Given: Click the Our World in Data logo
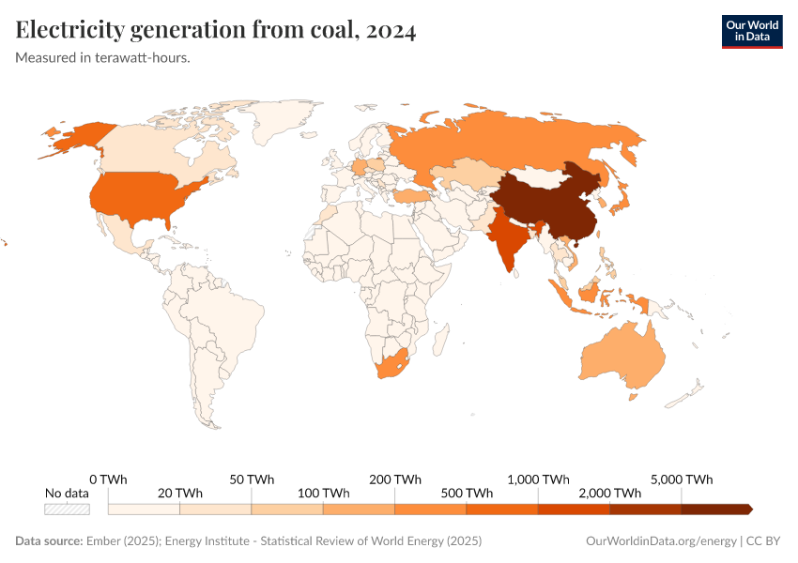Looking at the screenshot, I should tap(751, 31).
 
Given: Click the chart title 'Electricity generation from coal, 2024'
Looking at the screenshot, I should tap(216, 31).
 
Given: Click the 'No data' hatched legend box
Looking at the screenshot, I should tap(68, 509).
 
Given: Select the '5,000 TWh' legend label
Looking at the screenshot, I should tap(682, 479).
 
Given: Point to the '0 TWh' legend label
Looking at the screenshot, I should tap(108, 479).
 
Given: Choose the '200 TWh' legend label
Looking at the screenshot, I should tap(394, 479).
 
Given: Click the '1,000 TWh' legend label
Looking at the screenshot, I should tap(538, 479).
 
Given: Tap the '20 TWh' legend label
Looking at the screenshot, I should tap(179, 494).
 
